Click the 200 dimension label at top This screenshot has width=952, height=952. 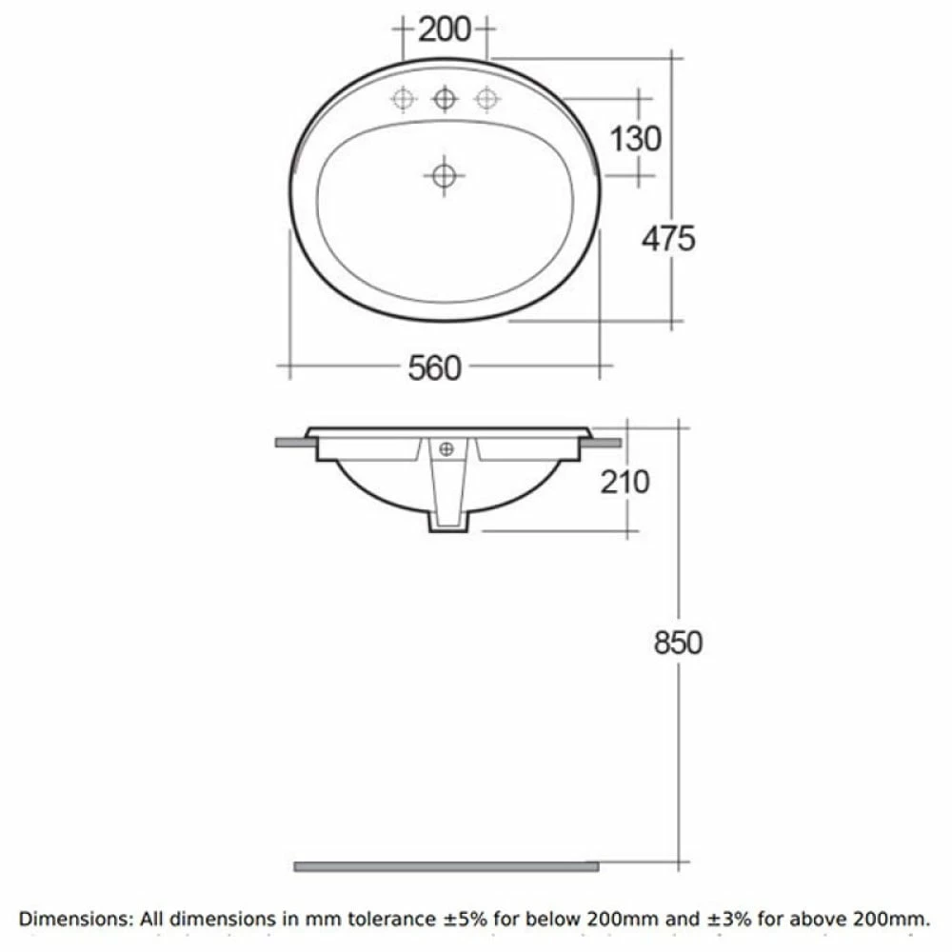pos(445,30)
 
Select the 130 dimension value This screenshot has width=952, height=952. pos(635,139)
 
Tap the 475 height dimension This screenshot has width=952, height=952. pos(667,238)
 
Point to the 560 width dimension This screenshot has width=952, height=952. pos(435,367)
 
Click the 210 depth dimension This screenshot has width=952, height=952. pos(625,482)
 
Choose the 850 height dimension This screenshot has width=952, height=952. pos(678,643)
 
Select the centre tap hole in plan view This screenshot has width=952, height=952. pos(445,98)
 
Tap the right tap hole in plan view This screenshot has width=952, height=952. pos(486,98)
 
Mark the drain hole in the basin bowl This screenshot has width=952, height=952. pos(444,175)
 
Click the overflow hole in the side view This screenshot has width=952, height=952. pos(446,449)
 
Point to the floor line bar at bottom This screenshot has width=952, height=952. pos(446,865)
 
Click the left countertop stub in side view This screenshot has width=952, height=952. pos(291,442)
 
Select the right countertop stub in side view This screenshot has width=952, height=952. pos(604,442)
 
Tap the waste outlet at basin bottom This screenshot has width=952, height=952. pos(447,523)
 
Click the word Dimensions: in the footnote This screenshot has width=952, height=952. pos(76,919)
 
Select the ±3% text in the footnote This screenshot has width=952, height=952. pos(758,919)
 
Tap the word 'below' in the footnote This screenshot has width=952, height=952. pos(588,919)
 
